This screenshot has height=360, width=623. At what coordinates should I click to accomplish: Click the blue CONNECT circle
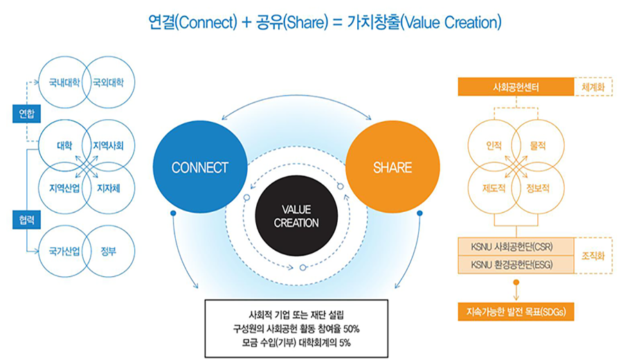(x=199, y=168)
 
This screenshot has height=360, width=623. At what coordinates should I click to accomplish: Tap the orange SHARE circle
(x=392, y=168)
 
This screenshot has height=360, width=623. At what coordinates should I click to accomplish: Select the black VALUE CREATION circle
(x=296, y=216)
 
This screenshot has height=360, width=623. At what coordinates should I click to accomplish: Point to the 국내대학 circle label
(x=63, y=82)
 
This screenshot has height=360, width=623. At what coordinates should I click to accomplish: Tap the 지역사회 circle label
(x=109, y=146)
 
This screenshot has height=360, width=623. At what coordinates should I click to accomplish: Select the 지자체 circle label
(x=109, y=187)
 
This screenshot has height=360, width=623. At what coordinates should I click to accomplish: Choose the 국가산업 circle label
(x=63, y=251)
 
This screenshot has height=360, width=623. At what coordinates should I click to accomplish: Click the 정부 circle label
(x=108, y=251)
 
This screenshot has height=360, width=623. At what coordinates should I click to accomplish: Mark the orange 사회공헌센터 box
(x=516, y=88)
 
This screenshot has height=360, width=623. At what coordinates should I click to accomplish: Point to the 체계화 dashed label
(x=593, y=88)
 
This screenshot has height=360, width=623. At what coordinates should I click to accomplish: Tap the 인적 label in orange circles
(x=494, y=145)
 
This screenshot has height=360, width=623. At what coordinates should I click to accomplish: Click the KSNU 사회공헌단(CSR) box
(x=516, y=247)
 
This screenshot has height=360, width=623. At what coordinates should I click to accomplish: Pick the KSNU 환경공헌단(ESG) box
(x=516, y=264)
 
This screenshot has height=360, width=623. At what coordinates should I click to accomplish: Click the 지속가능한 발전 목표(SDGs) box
(x=516, y=311)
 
